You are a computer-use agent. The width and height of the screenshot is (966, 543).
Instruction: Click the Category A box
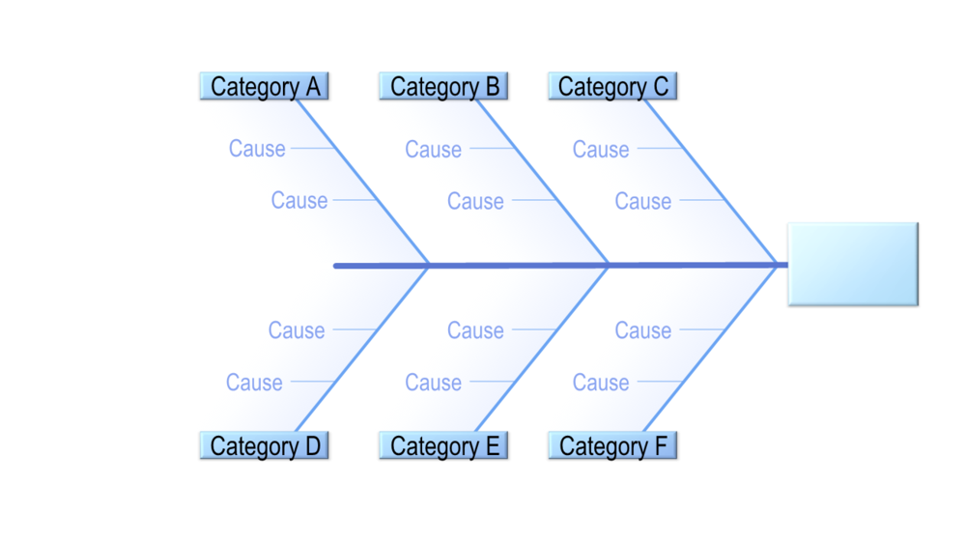265,86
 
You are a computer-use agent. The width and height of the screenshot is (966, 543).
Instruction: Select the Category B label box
443,86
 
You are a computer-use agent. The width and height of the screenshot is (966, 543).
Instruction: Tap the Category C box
612,86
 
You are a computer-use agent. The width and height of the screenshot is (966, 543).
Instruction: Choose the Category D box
265,445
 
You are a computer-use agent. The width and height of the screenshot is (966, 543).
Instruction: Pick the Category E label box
443,445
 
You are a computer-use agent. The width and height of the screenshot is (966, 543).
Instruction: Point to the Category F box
612,445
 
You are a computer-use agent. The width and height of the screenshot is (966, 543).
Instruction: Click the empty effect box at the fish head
852,264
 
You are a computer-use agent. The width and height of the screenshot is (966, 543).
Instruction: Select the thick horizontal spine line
522,265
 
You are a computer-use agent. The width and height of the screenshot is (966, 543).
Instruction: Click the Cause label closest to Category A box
257,149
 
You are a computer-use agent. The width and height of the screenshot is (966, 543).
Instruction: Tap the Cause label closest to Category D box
254,383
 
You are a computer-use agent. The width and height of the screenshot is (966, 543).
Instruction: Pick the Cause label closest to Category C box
601,150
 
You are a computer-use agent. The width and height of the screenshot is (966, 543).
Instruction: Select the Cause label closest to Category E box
433,383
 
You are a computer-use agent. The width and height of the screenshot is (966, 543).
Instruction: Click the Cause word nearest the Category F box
601,383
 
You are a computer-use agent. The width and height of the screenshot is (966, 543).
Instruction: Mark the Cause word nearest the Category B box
433,150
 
